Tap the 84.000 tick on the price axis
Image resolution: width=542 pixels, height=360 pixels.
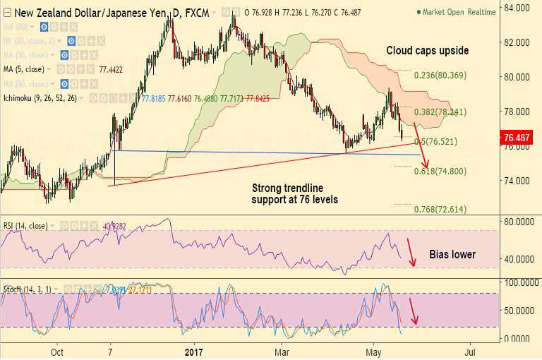[x=517, y=8]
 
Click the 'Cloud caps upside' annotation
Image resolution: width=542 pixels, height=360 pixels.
[x=427, y=51]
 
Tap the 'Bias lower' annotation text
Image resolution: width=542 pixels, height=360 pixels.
[x=453, y=254]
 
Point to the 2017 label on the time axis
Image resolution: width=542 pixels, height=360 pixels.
[x=193, y=351]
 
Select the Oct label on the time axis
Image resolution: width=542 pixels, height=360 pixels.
[x=59, y=351]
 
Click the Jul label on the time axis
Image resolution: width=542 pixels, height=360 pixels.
[x=469, y=351]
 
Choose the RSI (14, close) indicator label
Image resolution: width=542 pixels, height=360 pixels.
[x=25, y=226]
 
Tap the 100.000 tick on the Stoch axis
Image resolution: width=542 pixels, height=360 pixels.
[x=517, y=282]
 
